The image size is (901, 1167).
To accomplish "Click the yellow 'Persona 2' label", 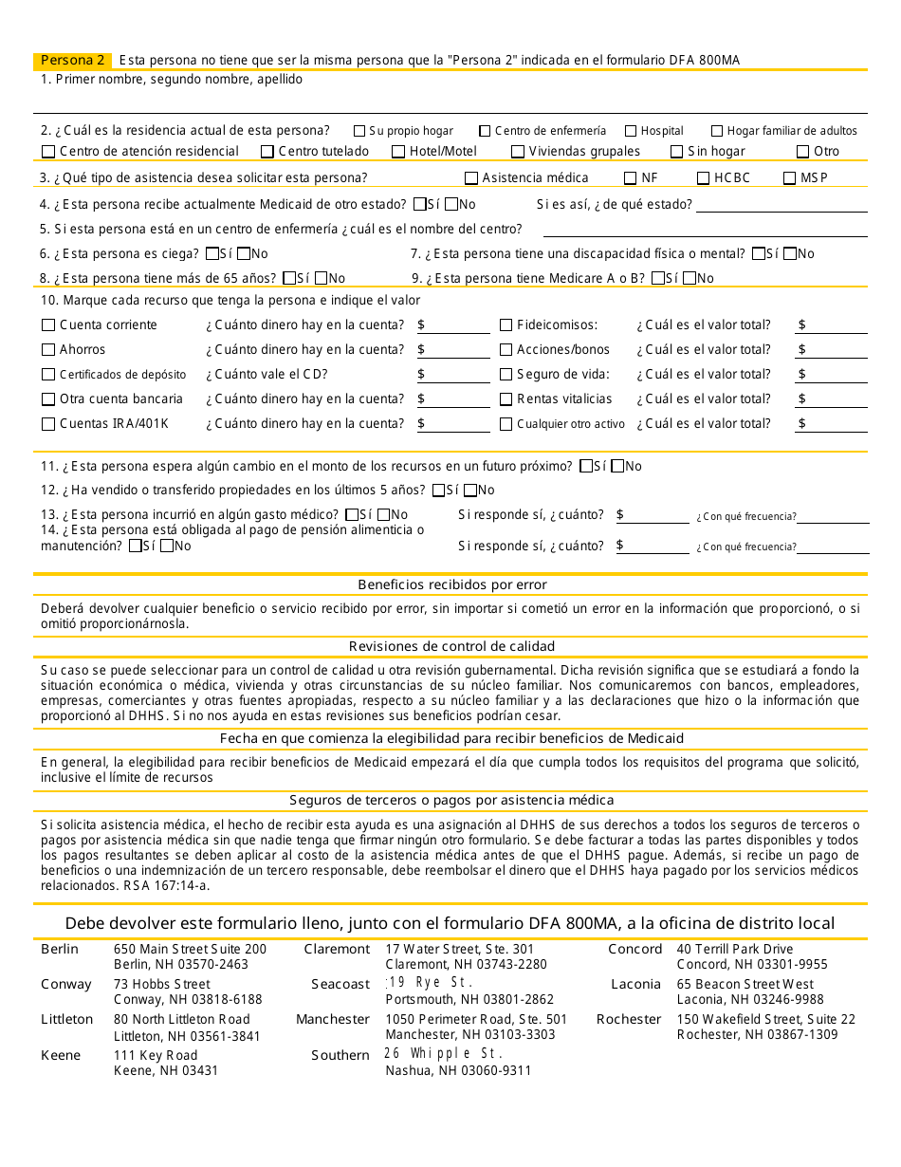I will [x=72, y=60].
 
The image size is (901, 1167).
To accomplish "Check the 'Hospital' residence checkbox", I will [x=631, y=131].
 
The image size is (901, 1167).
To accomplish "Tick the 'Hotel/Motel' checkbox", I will [x=399, y=152].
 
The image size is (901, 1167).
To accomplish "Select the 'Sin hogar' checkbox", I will [x=676, y=152].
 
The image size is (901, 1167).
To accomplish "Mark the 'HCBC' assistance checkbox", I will [x=703, y=178].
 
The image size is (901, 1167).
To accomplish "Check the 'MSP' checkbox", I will [x=790, y=178].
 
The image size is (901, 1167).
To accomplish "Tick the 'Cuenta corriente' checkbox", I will [x=48, y=325].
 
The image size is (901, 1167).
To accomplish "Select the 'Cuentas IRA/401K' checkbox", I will [x=48, y=424].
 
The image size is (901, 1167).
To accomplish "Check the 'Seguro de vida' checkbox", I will [x=506, y=375].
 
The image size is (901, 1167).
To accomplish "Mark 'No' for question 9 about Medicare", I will [x=689, y=279].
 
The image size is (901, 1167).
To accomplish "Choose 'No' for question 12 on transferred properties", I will [x=469, y=491].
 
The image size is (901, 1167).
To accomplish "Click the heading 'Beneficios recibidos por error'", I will [x=451, y=584].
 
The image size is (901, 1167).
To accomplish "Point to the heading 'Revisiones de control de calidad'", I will [x=451, y=646].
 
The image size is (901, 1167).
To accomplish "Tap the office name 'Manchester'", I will [x=332, y=1019].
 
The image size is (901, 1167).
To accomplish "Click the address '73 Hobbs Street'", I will [x=162, y=984].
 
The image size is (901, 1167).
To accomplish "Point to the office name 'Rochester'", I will [x=629, y=1019].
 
